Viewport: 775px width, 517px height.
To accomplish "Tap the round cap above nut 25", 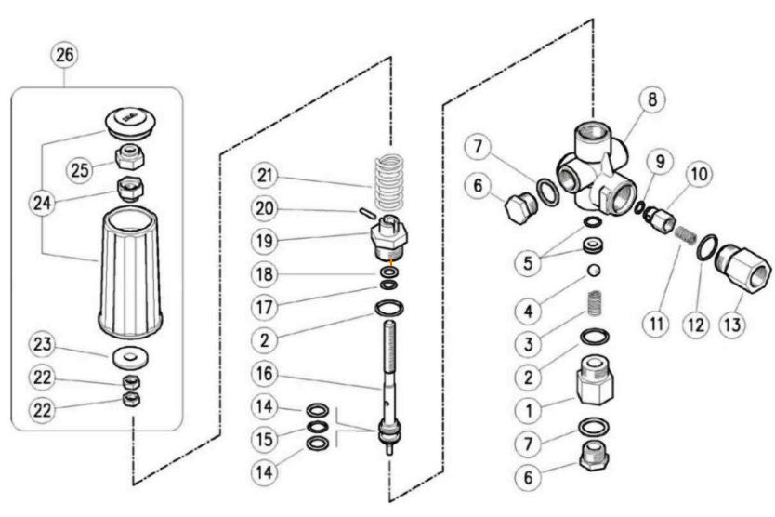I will click(x=129, y=121).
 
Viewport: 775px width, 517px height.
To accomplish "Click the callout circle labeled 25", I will click(x=81, y=168).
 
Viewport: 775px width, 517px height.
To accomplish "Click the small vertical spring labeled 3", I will click(x=590, y=307).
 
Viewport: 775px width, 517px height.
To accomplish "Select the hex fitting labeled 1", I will click(x=592, y=379).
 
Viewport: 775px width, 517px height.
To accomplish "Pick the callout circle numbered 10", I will click(x=698, y=174).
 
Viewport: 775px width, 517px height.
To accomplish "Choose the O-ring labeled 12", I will click(x=706, y=247).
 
